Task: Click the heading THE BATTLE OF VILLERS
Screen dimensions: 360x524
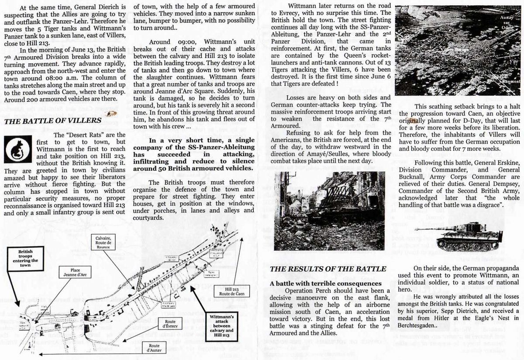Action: point(52,121)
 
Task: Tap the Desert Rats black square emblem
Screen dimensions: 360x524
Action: point(17,149)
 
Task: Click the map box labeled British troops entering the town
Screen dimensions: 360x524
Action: point(29,257)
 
